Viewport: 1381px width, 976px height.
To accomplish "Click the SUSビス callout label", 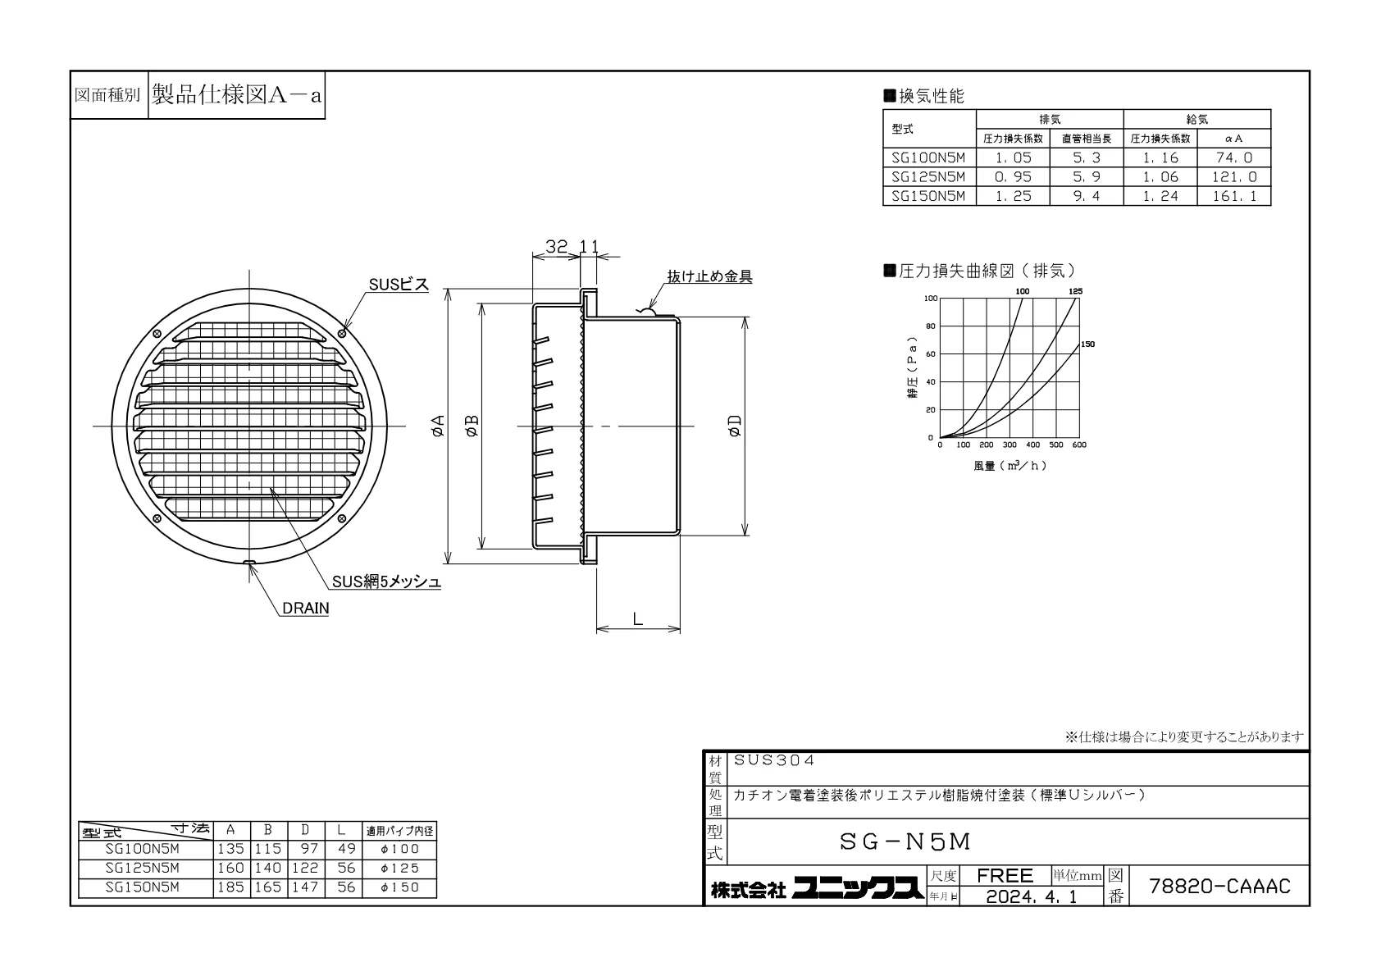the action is pyautogui.click(x=399, y=285).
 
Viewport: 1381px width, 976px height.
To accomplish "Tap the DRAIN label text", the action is pyautogui.click(x=306, y=608).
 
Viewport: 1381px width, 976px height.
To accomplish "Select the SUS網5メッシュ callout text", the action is pyautogui.click(x=386, y=581).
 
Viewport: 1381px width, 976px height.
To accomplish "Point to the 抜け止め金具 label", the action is pyautogui.click(x=709, y=276).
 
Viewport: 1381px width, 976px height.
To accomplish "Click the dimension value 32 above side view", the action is pyautogui.click(x=556, y=247).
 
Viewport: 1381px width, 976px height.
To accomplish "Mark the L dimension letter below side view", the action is pyautogui.click(x=638, y=618).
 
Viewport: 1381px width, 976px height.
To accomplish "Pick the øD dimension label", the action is pyautogui.click(x=735, y=426).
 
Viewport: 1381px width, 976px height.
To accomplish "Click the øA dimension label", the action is pyautogui.click(x=438, y=426).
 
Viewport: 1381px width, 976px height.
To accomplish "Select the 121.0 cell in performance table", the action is pyautogui.click(x=1233, y=177).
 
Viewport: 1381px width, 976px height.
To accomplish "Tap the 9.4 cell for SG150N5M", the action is pyautogui.click(x=1087, y=196).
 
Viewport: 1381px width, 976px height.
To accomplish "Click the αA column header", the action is pyautogui.click(x=1233, y=139).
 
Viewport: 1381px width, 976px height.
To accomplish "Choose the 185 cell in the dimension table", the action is pyautogui.click(x=231, y=887).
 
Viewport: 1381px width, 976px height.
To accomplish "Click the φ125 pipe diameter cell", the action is pyautogui.click(x=399, y=868).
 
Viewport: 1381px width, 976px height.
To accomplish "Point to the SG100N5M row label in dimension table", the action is pyautogui.click(x=143, y=849).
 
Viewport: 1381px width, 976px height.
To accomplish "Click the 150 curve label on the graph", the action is pyautogui.click(x=1087, y=344).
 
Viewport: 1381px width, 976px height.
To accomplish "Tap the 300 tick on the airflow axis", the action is pyautogui.click(x=1010, y=445).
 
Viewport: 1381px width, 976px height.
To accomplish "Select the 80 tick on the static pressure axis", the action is pyautogui.click(x=931, y=326).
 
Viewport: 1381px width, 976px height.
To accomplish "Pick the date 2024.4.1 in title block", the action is pyautogui.click(x=1032, y=896).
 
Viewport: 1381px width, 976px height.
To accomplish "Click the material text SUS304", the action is pyautogui.click(x=774, y=760).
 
